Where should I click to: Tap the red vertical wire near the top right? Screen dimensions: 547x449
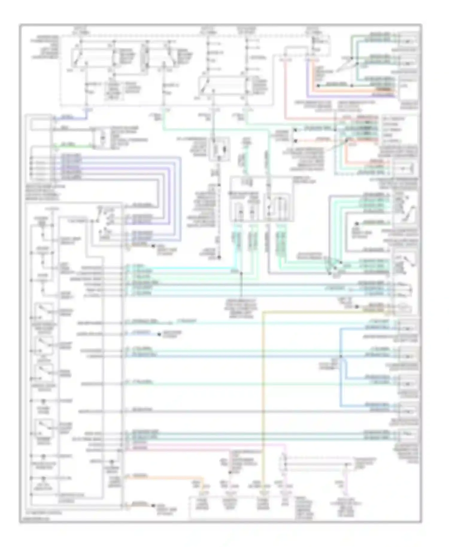click(285, 90)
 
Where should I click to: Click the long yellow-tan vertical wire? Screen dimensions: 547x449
click(263, 389)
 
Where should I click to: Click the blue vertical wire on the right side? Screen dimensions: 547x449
click(341, 374)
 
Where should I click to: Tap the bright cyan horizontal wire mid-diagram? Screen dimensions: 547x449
click(180, 268)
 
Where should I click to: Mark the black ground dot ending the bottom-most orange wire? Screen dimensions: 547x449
click(153, 506)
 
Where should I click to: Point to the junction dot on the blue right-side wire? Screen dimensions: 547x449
click(341, 356)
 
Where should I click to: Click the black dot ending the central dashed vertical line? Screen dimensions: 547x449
click(219, 257)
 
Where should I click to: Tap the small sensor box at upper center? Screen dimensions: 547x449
click(221, 149)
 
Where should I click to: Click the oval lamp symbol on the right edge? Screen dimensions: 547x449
click(404, 308)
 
